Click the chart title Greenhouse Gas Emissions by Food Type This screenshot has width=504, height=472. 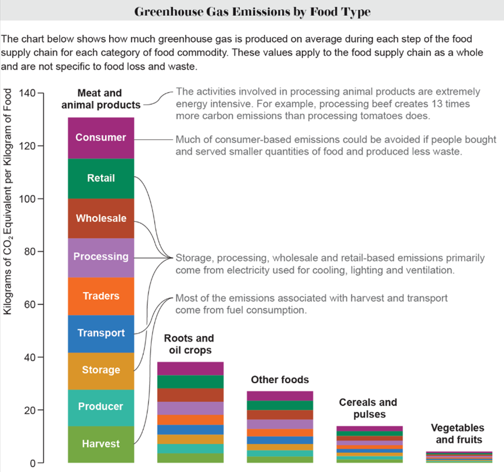click(x=252, y=12)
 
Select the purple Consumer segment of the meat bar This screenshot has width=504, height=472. click(x=101, y=138)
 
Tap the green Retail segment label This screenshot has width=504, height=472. click(x=101, y=178)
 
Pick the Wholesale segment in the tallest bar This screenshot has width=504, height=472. click(x=101, y=219)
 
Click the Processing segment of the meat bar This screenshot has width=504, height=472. click(x=101, y=257)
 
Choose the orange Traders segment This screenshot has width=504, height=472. click(x=101, y=296)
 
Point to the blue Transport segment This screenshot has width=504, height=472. click(x=101, y=333)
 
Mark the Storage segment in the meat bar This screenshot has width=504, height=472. click(x=101, y=370)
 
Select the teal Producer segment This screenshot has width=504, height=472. click(x=101, y=407)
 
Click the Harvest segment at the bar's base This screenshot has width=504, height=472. click(x=101, y=444)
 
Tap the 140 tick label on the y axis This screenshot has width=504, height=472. click(x=27, y=93)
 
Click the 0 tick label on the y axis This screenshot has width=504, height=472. click(x=33, y=463)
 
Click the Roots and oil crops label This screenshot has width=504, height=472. click(x=189, y=344)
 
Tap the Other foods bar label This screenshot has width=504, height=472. click(x=279, y=380)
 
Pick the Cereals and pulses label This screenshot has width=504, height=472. click(x=368, y=408)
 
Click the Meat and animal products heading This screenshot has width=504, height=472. click(x=101, y=99)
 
